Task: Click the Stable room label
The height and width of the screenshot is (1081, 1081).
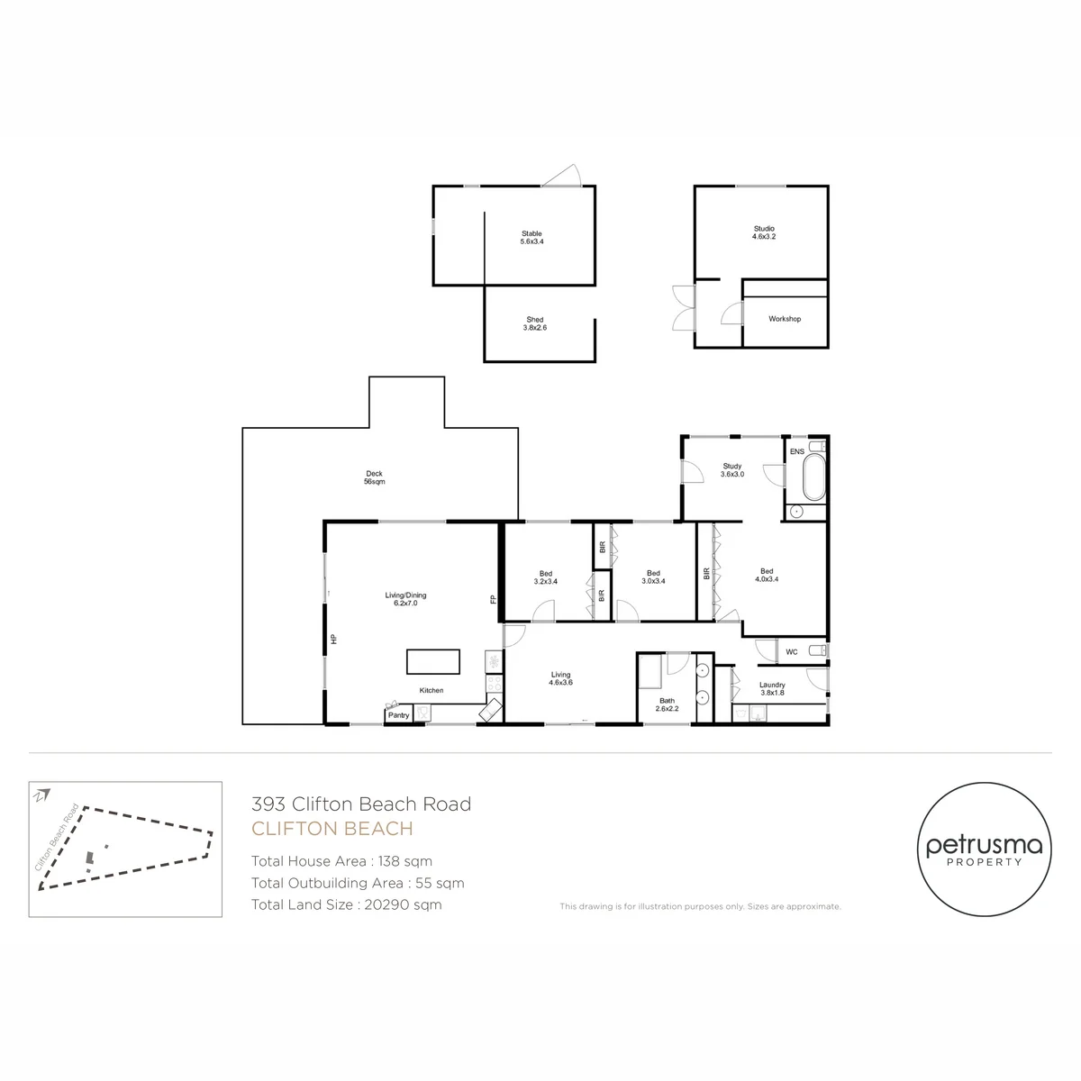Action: point(531,237)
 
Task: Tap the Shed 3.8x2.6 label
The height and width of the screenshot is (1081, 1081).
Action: point(534,323)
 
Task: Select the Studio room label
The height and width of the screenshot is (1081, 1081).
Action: point(764,232)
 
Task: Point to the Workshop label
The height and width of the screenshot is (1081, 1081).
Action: point(785,319)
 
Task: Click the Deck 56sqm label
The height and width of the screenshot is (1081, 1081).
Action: point(374,477)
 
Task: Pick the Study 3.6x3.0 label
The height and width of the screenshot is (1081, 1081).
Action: point(732,470)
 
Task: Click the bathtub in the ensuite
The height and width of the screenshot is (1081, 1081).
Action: point(814,477)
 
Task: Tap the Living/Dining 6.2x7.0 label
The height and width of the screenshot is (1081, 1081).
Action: point(405,599)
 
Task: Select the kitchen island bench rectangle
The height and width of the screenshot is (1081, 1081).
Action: point(433,661)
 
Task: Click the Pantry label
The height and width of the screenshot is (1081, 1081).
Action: point(398,715)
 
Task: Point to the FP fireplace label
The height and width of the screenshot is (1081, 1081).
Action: point(494,599)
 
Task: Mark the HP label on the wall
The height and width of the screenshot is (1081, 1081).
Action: point(334,639)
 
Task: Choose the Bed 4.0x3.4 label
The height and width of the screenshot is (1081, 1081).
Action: point(767,575)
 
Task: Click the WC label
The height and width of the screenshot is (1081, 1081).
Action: point(791,652)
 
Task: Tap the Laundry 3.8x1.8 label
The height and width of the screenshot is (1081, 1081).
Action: point(772,688)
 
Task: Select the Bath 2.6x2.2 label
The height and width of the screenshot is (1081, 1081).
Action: point(667,704)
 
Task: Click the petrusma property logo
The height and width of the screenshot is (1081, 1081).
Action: point(984,849)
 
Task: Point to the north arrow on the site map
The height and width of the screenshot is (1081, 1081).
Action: point(42,795)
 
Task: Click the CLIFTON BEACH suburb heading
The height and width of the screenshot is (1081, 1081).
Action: point(332,829)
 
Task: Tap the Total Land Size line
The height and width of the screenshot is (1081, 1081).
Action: point(346,904)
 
